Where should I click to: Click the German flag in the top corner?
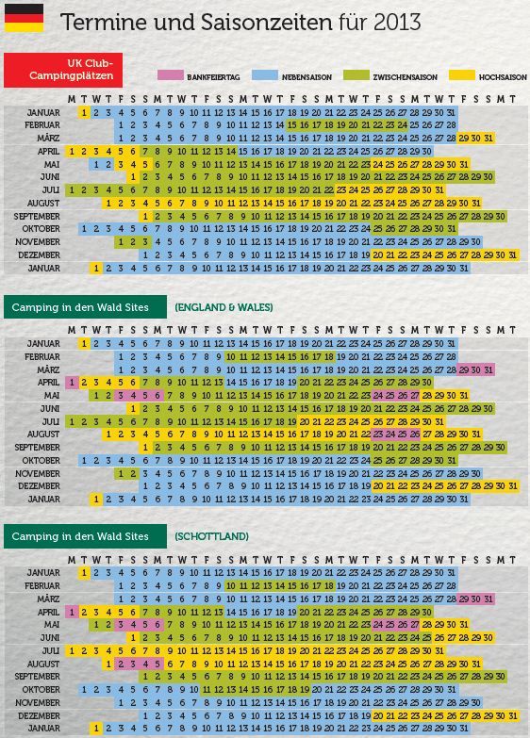24,18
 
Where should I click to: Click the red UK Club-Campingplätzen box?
63,70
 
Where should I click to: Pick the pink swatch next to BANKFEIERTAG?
171,75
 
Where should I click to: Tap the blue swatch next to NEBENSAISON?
265,75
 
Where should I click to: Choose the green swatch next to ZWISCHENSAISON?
356,75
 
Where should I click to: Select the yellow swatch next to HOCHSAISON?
462,75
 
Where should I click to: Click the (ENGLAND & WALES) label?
224,307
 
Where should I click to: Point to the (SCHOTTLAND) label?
211,536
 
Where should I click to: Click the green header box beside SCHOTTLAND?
85,536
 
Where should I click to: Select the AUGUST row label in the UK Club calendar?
43,204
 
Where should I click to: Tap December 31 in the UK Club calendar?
513,255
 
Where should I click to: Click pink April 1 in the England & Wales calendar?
72,382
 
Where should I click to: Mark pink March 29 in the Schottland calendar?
464,599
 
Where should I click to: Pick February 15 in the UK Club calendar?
292,125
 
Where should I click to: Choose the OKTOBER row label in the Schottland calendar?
41,690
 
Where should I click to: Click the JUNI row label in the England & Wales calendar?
50,408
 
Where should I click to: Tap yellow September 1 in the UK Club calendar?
145,217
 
